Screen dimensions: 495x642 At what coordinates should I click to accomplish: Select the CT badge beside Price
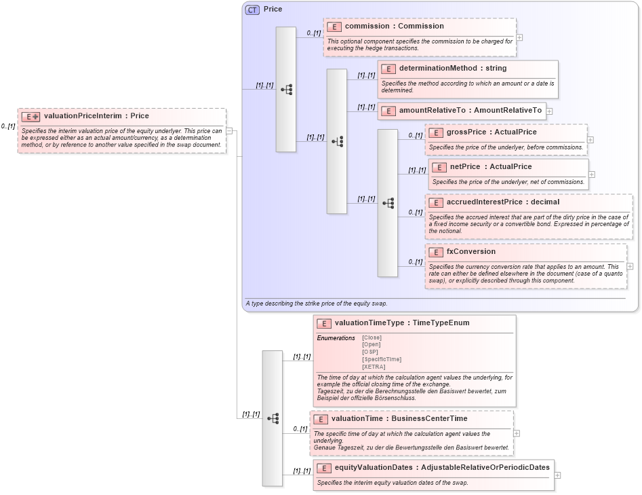(252, 10)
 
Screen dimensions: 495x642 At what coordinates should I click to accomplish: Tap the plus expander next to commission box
(519, 38)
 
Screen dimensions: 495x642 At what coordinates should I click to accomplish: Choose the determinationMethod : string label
(452, 69)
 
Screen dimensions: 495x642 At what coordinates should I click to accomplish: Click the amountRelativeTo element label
(470, 111)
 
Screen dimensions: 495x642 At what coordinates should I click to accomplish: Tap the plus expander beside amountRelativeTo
(549, 111)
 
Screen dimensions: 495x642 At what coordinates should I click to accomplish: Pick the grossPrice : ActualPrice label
(491, 132)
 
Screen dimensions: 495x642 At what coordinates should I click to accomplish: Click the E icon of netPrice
(439, 167)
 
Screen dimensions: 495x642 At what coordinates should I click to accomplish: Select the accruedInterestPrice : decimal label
(502, 202)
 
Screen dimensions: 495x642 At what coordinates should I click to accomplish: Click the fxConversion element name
(470, 252)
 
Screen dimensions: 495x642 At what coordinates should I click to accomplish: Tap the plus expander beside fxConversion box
(630, 266)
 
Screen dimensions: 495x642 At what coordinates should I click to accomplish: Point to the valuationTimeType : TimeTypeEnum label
(402, 323)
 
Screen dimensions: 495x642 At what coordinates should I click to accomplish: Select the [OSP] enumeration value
(370, 352)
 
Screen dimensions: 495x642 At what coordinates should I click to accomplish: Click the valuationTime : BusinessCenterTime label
(399, 419)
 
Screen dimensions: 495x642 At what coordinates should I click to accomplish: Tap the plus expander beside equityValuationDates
(557, 475)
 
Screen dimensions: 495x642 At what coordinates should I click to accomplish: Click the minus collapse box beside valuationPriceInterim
(229, 130)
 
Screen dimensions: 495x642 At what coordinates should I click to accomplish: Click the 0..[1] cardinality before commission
(313, 33)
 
